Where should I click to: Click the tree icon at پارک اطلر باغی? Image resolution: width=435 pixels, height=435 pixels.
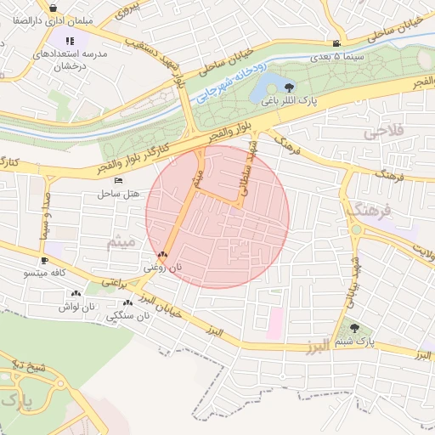pyautogui.click(x=290, y=87)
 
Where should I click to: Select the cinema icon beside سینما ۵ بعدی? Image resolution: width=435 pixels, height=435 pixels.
pyautogui.click(x=337, y=44)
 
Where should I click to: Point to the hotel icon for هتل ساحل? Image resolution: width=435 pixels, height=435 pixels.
pyautogui.click(x=118, y=181)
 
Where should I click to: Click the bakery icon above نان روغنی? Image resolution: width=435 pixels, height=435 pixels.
pyautogui.click(x=162, y=254)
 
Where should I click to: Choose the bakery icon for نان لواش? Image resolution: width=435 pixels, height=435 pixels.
pyautogui.click(x=76, y=293)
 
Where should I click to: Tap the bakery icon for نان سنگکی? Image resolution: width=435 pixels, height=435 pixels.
pyautogui.click(x=127, y=302)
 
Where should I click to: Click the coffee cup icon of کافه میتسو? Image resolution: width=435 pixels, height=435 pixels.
pyautogui.click(x=44, y=260)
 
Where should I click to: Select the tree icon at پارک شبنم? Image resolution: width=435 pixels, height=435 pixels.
pyautogui.click(x=355, y=327)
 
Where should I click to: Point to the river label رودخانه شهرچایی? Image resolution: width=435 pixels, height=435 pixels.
pyautogui.click(x=230, y=82)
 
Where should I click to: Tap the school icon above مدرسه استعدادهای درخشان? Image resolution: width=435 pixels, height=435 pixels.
pyautogui.click(x=70, y=40)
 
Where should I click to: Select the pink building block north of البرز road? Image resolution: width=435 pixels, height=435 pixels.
pyautogui.click(x=274, y=324)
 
